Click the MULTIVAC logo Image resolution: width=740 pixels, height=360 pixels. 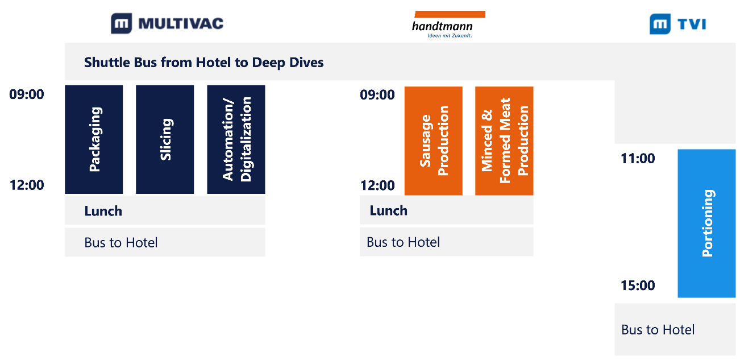[167, 23]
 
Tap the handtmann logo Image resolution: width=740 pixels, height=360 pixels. [449, 24]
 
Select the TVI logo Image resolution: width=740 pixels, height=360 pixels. [678, 24]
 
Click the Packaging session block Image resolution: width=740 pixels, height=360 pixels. [94, 139]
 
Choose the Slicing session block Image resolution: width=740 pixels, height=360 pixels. [165, 139]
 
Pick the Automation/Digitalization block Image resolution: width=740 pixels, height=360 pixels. [236, 139]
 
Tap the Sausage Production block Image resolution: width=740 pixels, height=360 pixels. [434, 141]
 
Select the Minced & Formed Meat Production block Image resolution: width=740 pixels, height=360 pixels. [504, 141]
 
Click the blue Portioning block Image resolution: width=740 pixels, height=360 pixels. [706, 224]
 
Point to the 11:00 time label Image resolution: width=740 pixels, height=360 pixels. [638, 159]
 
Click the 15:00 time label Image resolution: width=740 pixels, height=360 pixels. [638, 285]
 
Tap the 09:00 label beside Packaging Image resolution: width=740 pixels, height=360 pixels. [26, 94]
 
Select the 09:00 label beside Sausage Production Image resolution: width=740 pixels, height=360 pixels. [377, 95]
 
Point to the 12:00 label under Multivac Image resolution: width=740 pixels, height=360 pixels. [26, 185]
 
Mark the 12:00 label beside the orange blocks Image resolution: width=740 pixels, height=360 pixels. [377, 185]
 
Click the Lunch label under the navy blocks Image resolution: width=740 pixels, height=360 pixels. [103, 211]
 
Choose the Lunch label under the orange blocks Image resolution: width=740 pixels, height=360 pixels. [389, 210]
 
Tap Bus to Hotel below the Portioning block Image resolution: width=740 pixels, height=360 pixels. [658, 330]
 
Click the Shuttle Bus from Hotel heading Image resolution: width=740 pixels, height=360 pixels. [204, 62]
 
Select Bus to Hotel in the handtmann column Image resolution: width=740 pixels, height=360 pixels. [403, 242]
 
